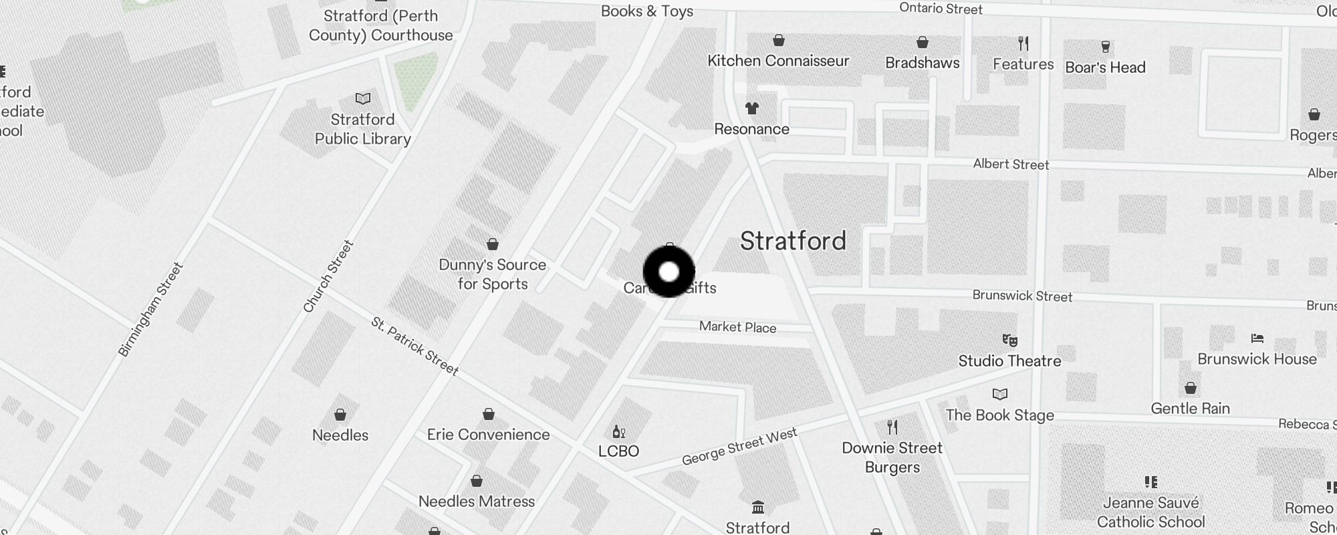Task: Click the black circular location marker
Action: [669, 272]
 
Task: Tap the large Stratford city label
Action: [793, 241]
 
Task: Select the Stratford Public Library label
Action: [363, 129]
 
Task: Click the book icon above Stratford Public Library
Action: [363, 99]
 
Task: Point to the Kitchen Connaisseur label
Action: [778, 61]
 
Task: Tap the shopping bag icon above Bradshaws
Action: [923, 42]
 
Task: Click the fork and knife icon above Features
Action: [1023, 43]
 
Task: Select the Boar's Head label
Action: [1105, 68]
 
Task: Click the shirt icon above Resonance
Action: [752, 108]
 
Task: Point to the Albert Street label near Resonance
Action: [1011, 165]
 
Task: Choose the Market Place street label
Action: [737, 327]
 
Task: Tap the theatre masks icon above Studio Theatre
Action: [1009, 340]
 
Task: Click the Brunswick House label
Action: [1257, 359]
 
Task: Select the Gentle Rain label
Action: [1190, 409]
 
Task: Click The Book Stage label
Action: [999, 415]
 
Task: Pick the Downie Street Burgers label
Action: [892, 457]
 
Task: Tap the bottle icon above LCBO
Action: [618, 431]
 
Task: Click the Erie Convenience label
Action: [488, 435]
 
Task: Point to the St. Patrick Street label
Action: [414, 346]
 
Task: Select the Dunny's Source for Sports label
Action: [493, 274]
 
